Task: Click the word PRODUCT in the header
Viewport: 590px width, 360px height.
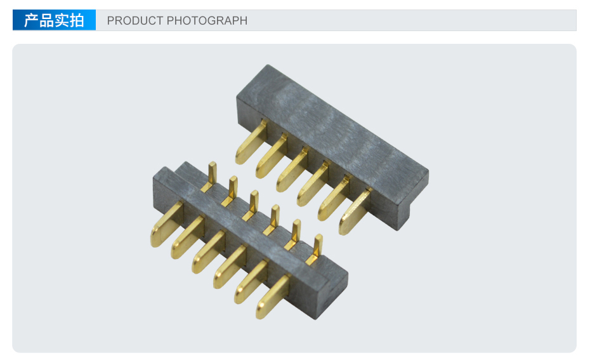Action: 134,20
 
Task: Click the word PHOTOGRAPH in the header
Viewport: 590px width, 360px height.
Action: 207,20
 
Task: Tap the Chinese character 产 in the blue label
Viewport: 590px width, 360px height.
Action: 31,20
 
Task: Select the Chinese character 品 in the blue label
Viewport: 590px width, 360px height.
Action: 46,20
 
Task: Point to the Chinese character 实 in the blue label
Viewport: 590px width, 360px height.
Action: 62,20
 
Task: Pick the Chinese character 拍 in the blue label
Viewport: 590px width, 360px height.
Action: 76,20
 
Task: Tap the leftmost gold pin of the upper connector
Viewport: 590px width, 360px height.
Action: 251,142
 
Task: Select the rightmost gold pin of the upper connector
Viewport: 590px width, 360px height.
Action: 355,211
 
